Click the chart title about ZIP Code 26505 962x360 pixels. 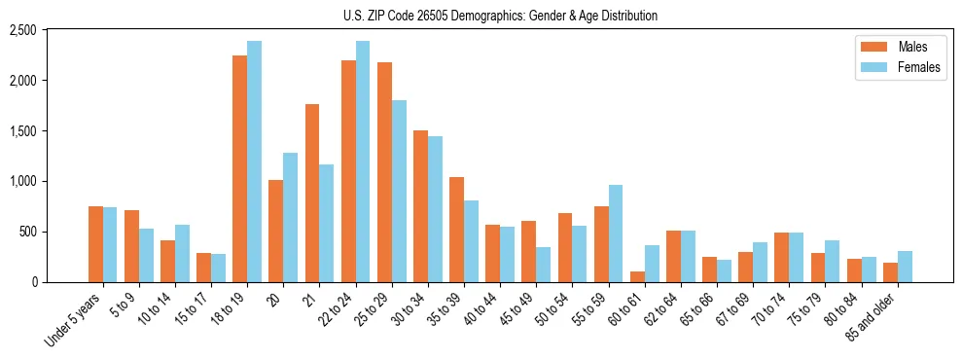[x=500, y=16]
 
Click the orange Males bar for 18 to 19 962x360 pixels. [x=239, y=168]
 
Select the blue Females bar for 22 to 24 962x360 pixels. [x=363, y=162]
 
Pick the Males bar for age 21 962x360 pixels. [x=312, y=193]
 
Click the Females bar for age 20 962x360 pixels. [x=290, y=217]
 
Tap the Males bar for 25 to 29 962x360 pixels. [x=384, y=172]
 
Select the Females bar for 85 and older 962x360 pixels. [x=905, y=267]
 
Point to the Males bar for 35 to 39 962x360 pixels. [x=456, y=230]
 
